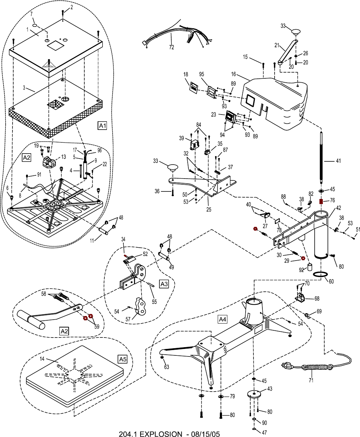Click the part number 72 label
171,47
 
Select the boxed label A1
103,126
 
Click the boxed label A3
164,284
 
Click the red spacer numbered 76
321,201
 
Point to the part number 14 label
42,359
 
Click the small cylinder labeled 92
310,267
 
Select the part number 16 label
233,74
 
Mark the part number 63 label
166,366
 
